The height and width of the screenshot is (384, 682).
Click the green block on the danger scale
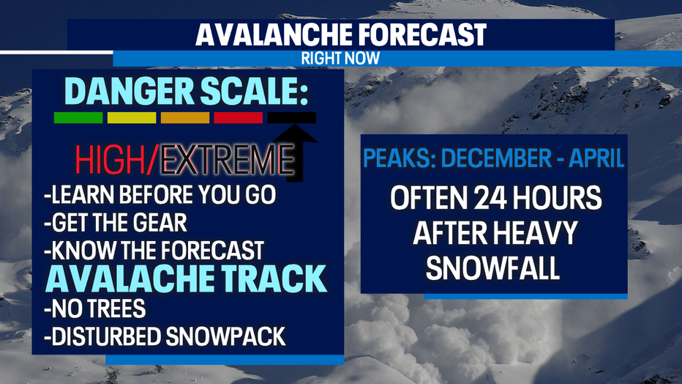click(x=78, y=117)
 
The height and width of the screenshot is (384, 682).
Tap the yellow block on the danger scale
click(x=132, y=117)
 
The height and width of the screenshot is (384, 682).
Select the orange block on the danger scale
click(x=185, y=117)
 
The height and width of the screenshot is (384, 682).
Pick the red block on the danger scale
click(x=239, y=117)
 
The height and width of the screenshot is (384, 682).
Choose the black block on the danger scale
click(x=292, y=117)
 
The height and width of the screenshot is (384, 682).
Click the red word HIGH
click(x=110, y=160)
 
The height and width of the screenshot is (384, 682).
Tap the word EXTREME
click(x=227, y=160)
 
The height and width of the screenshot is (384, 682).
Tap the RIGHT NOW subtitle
click(x=340, y=59)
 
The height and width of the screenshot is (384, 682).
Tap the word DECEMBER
click(x=496, y=158)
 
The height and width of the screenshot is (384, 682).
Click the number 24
click(x=490, y=198)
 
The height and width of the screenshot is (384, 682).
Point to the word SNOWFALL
click(x=492, y=267)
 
